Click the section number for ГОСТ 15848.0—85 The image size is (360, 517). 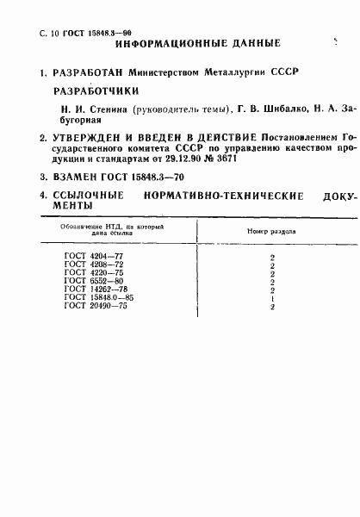point(272,298)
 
